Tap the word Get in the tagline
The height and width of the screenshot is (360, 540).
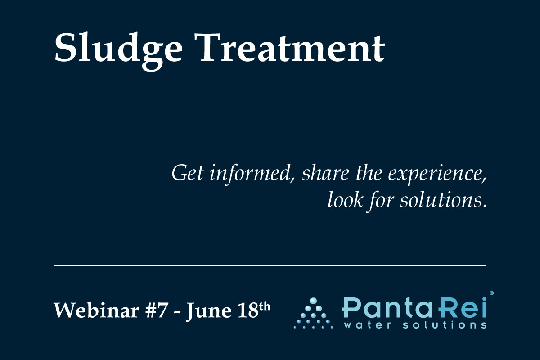[x=188, y=173]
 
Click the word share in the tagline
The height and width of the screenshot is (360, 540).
[x=325, y=173]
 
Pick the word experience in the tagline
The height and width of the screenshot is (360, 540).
[x=437, y=174]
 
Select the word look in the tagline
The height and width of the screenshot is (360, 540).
[x=345, y=200]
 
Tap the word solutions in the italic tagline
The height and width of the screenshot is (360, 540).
[x=444, y=200]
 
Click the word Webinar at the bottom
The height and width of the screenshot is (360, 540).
[x=96, y=310]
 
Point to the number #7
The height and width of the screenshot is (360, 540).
[x=156, y=310]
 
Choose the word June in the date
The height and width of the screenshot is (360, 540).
[x=208, y=311]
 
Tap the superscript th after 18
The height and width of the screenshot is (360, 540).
[x=265, y=307]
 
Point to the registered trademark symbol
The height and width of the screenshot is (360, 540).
[x=492, y=293]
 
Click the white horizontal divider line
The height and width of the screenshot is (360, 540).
[x=270, y=265]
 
